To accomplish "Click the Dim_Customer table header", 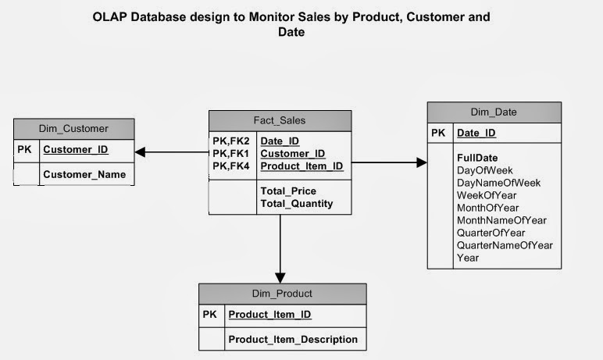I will click(x=73, y=128).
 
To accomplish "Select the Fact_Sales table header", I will click(x=280, y=120).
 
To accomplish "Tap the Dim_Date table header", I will click(x=493, y=112).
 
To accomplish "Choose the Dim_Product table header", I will click(x=282, y=294).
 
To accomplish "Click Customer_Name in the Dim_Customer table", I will click(x=84, y=174).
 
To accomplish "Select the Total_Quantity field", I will click(x=297, y=203).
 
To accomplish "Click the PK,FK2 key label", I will click(x=230, y=141).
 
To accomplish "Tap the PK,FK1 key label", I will click(x=230, y=154).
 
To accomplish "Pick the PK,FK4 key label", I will click(x=230, y=166).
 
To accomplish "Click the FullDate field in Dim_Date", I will click(x=477, y=158).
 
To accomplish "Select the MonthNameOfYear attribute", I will click(x=501, y=220).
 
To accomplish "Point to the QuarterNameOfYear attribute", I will click(x=505, y=245).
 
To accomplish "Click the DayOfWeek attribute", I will click(x=485, y=170).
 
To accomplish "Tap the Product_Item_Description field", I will click(x=292, y=339).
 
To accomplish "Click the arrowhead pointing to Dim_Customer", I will click(x=141, y=152).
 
